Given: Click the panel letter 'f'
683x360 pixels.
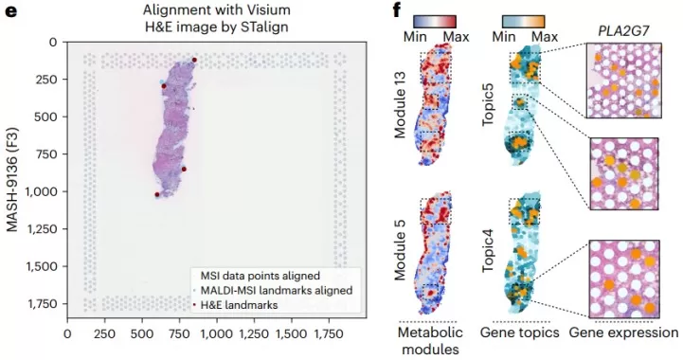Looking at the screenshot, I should [x=396, y=13].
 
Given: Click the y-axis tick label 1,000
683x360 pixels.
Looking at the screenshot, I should [x=39, y=192].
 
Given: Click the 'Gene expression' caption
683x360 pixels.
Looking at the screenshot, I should [x=624, y=333].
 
